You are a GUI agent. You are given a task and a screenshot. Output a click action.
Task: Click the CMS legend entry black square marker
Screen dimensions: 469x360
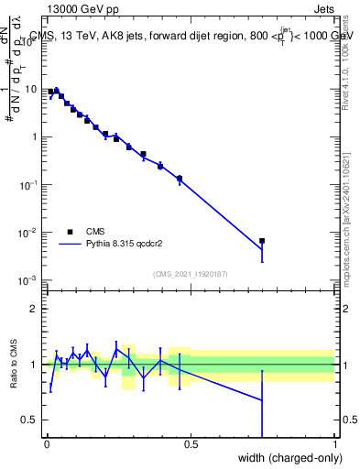[x=70, y=232]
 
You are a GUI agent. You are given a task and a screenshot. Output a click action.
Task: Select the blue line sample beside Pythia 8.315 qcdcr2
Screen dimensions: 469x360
[x=70, y=245]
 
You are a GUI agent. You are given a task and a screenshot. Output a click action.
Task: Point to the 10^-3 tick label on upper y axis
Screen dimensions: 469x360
[x=30, y=280]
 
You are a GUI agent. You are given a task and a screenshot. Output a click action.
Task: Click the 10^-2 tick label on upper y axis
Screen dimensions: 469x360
[x=30, y=233]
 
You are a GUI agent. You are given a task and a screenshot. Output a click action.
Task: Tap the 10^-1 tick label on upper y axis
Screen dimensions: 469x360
[x=30, y=185]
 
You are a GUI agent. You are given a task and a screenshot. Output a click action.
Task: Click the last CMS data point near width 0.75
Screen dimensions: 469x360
[x=262, y=241]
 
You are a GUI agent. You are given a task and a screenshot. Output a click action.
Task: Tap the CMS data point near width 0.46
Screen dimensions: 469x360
[x=180, y=179]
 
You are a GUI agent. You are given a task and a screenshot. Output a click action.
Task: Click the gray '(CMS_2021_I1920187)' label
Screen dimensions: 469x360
[x=191, y=273]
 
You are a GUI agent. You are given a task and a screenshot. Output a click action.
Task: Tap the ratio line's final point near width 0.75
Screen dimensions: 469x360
[x=262, y=400]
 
